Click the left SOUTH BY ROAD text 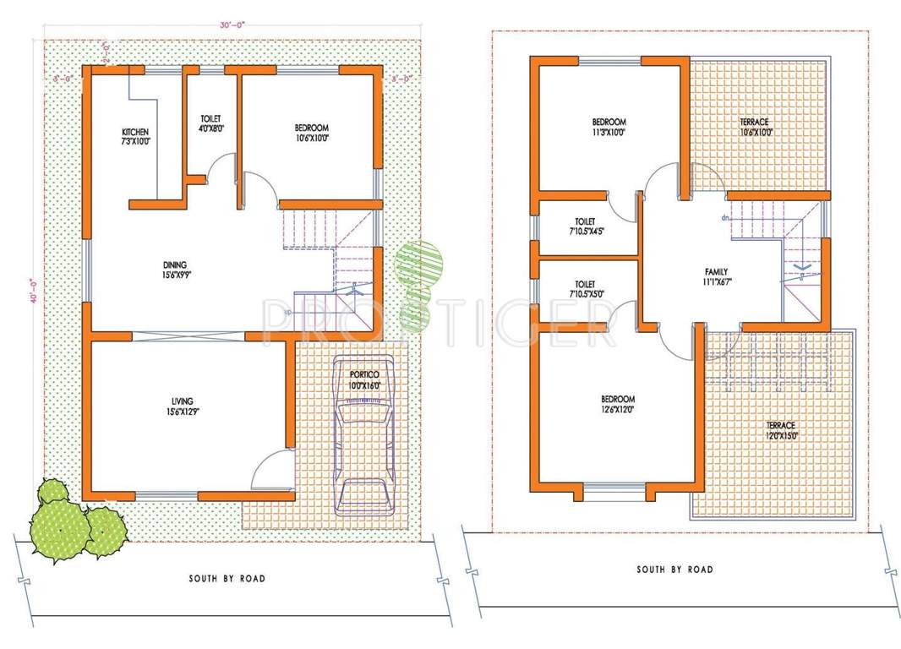point(227,579)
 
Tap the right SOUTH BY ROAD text point(674,570)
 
